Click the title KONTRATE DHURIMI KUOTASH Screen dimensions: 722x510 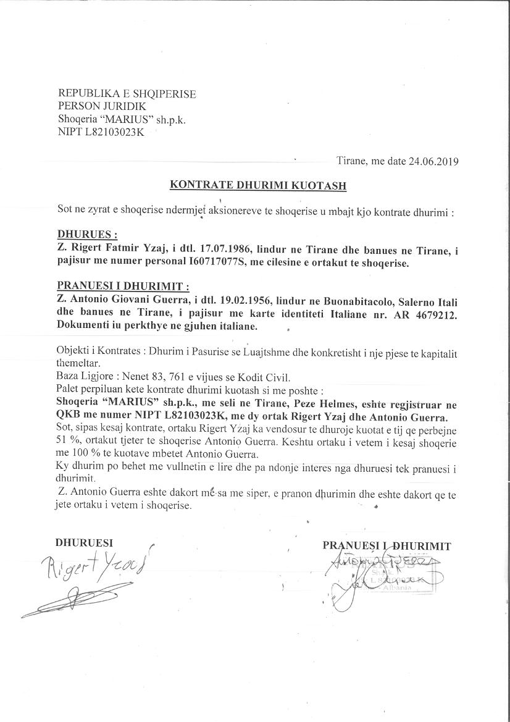point(258,185)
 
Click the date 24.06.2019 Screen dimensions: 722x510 point(432,162)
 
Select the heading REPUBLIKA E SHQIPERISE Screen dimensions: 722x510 point(127,94)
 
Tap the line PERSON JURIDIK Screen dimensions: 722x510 point(102,107)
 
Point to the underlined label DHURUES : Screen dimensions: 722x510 point(87,235)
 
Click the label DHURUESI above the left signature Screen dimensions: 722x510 point(84,544)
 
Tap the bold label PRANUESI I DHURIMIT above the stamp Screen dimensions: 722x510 point(387,546)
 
